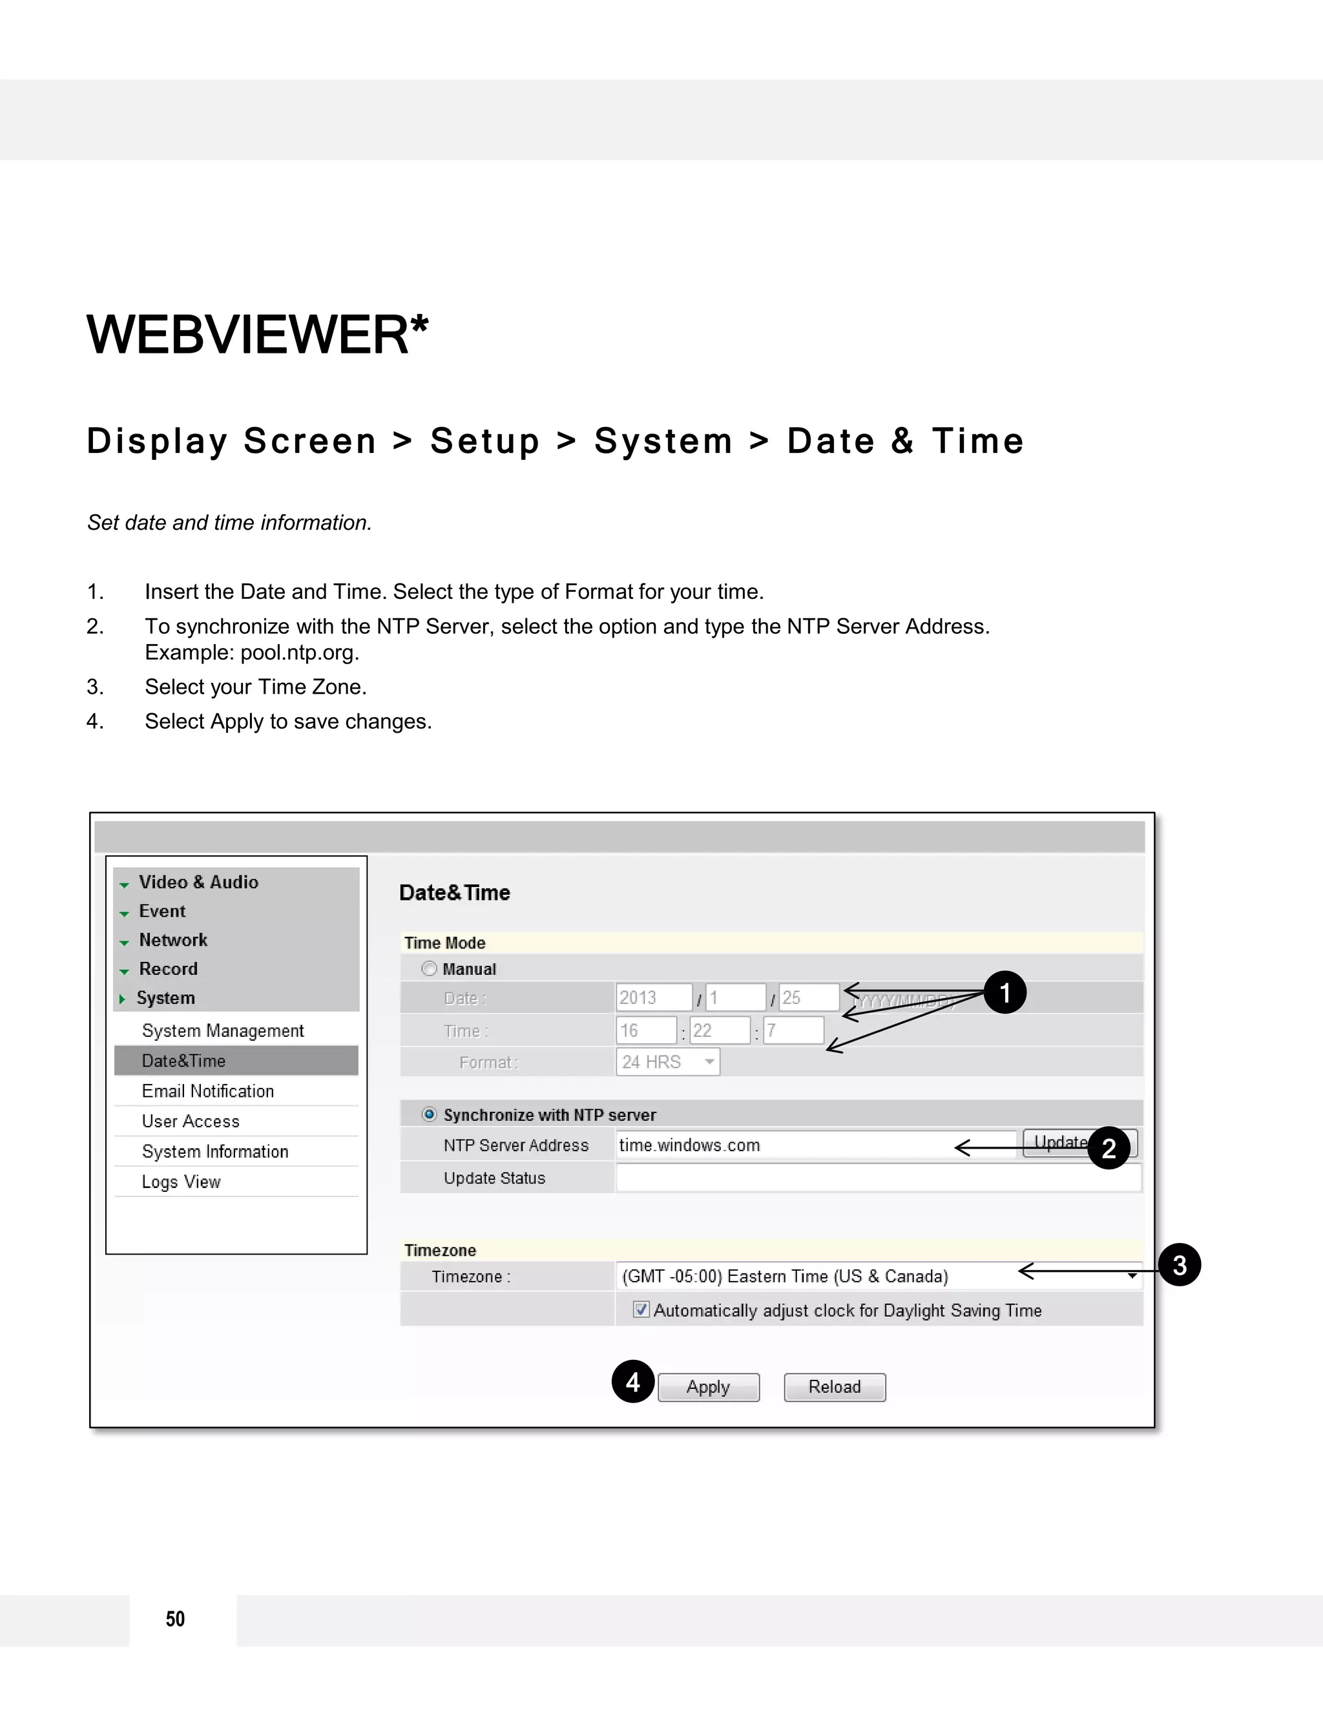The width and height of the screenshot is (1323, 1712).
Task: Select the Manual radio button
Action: (430, 969)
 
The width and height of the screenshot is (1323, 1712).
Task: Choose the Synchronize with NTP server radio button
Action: (430, 1114)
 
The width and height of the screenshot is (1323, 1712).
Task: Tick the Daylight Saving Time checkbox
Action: (641, 1309)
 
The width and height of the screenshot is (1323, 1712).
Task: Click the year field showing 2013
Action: (653, 998)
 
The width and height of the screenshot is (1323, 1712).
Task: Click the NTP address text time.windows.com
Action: (690, 1145)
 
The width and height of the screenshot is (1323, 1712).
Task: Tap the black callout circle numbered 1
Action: (1005, 992)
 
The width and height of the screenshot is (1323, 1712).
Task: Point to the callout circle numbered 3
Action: (1179, 1264)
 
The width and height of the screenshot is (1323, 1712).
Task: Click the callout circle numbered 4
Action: (633, 1381)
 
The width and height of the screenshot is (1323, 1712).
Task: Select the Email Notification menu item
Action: (208, 1091)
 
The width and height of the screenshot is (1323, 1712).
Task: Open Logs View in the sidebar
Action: (181, 1182)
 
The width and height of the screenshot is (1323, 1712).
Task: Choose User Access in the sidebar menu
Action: (191, 1122)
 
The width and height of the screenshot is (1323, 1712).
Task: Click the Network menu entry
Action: (173, 940)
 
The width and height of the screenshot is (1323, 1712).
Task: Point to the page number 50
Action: (176, 1619)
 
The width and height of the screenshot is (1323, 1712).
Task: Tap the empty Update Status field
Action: (878, 1178)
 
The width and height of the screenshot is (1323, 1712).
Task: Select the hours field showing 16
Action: (646, 1031)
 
